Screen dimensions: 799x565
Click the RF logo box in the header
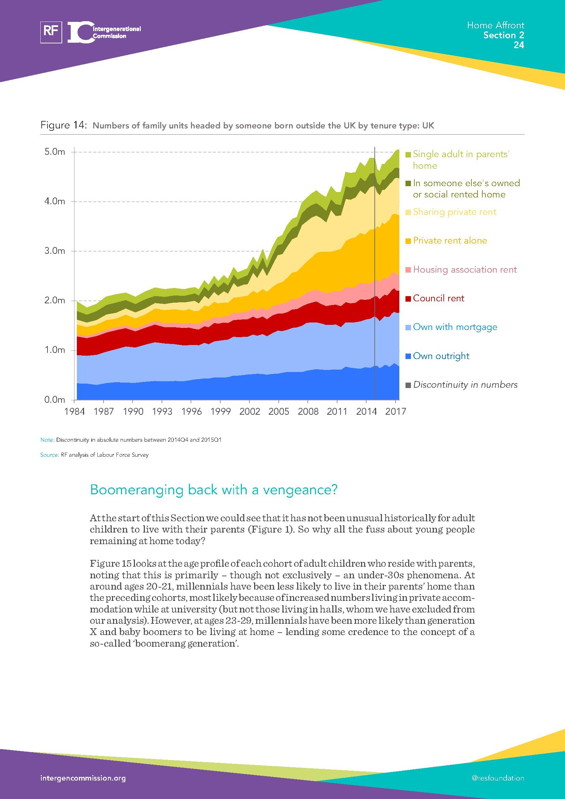[51, 32]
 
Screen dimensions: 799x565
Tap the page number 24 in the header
[519, 45]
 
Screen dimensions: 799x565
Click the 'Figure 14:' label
[63, 125]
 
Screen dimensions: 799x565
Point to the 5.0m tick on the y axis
[55, 152]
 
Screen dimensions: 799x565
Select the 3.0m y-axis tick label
[55, 251]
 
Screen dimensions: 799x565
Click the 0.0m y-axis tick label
[55, 400]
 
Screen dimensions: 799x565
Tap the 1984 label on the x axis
[74, 412]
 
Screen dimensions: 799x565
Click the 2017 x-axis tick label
[396, 412]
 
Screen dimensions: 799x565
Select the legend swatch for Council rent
[409, 299]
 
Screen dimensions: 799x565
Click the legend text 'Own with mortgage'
[455, 327]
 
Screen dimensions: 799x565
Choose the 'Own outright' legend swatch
[409, 356]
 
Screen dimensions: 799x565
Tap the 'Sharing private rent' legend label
[454, 212]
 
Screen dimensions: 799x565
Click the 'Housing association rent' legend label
[465, 270]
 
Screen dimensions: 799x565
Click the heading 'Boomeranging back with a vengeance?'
[213, 490]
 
